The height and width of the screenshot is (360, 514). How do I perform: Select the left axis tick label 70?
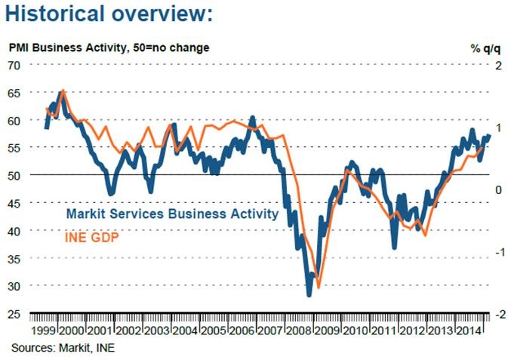coord(15,65)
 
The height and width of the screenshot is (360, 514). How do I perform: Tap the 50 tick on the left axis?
coord(15,175)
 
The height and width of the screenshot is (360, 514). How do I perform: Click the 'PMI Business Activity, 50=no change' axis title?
coord(109,48)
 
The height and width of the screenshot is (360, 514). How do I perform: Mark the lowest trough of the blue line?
coord(309,294)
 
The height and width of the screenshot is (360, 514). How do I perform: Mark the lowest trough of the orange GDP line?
coord(319,287)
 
